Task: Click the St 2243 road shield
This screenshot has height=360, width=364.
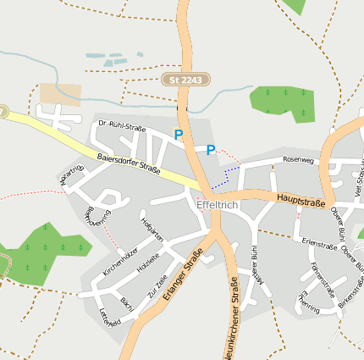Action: tap(185, 80)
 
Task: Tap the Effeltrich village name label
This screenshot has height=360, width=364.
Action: tap(217, 205)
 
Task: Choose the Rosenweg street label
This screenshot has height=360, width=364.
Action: tap(298, 158)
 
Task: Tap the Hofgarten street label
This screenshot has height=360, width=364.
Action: tap(151, 227)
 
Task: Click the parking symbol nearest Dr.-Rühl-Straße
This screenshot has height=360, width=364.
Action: tap(179, 135)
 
